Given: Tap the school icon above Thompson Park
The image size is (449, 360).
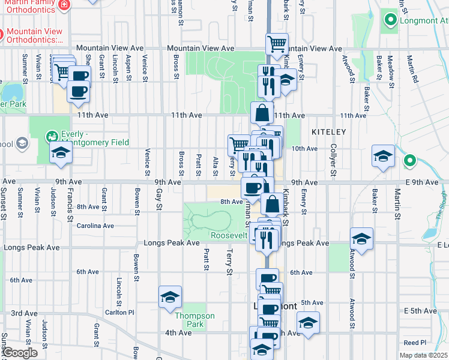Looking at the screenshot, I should pos(170,297).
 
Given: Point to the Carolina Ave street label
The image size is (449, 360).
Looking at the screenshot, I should pos(95,226).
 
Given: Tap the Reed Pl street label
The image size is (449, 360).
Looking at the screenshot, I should pos(415,343).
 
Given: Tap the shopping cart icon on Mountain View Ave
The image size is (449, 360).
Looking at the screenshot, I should pos(277,44).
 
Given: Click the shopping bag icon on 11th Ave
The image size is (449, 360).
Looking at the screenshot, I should pos(262,112).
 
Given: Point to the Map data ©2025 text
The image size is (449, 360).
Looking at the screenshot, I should pos(423,355).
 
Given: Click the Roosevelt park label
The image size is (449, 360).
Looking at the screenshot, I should pos(229,235).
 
